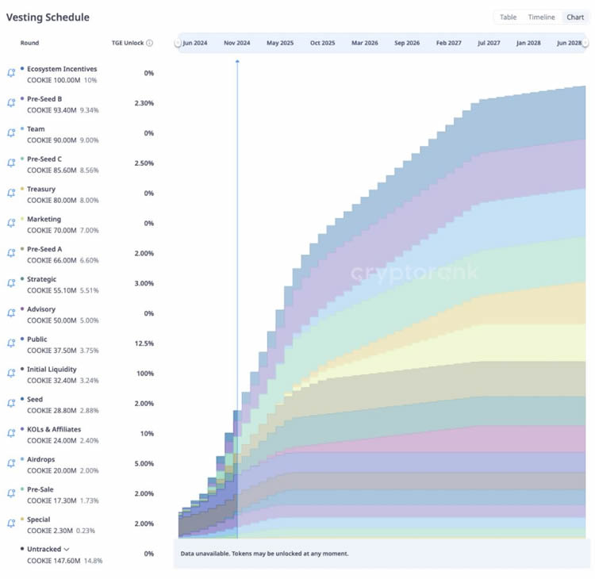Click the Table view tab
[x=508, y=17]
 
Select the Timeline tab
[x=541, y=17]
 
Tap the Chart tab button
[x=574, y=17]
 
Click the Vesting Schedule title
[x=48, y=17]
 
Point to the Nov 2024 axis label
[x=236, y=43]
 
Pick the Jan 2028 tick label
[x=528, y=43]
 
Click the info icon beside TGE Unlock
[x=149, y=43]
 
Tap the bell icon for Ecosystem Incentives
[x=11, y=73]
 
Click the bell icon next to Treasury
[x=11, y=193]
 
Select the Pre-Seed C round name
[x=44, y=159]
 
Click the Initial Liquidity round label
[x=52, y=369]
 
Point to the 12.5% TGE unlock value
[x=144, y=343]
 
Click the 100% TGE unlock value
[x=144, y=373]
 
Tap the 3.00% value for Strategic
[x=144, y=283]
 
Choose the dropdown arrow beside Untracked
[x=67, y=549]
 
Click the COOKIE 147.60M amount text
[x=52, y=561]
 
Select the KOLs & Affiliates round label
[x=55, y=429]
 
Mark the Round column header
[x=29, y=43]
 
